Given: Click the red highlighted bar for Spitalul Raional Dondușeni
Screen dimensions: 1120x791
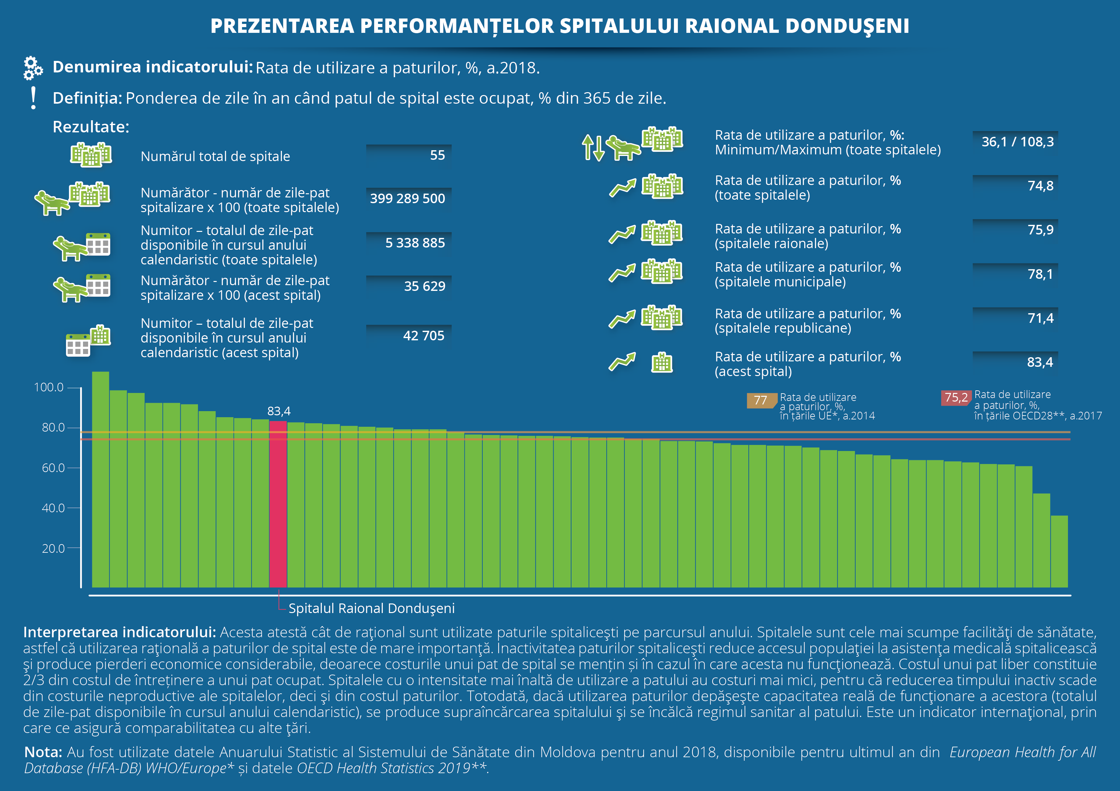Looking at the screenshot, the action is coord(278,504).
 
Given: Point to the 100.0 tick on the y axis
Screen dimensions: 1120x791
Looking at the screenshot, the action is coord(49,388).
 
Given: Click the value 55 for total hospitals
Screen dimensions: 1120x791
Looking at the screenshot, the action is coord(437,155).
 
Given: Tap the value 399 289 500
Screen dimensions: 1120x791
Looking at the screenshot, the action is coord(407,199).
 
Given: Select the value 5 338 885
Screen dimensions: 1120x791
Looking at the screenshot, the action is coord(415,243).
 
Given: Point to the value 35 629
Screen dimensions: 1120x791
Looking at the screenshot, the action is coord(424,286).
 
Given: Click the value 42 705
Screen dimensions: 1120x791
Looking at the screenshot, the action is coord(423,336).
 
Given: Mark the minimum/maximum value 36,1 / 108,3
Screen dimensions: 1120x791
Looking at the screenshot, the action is coord(1018,142).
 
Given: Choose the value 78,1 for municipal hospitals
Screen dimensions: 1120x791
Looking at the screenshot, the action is coord(1041,274).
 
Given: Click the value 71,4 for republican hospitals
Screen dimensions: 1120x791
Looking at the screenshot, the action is coord(1041,318).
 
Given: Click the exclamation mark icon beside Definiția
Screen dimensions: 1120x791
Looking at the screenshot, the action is coord(33,98).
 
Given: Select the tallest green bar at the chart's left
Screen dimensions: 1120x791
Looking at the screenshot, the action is coord(101,480).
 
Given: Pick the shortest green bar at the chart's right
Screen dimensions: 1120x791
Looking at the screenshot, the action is coord(1059,551).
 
